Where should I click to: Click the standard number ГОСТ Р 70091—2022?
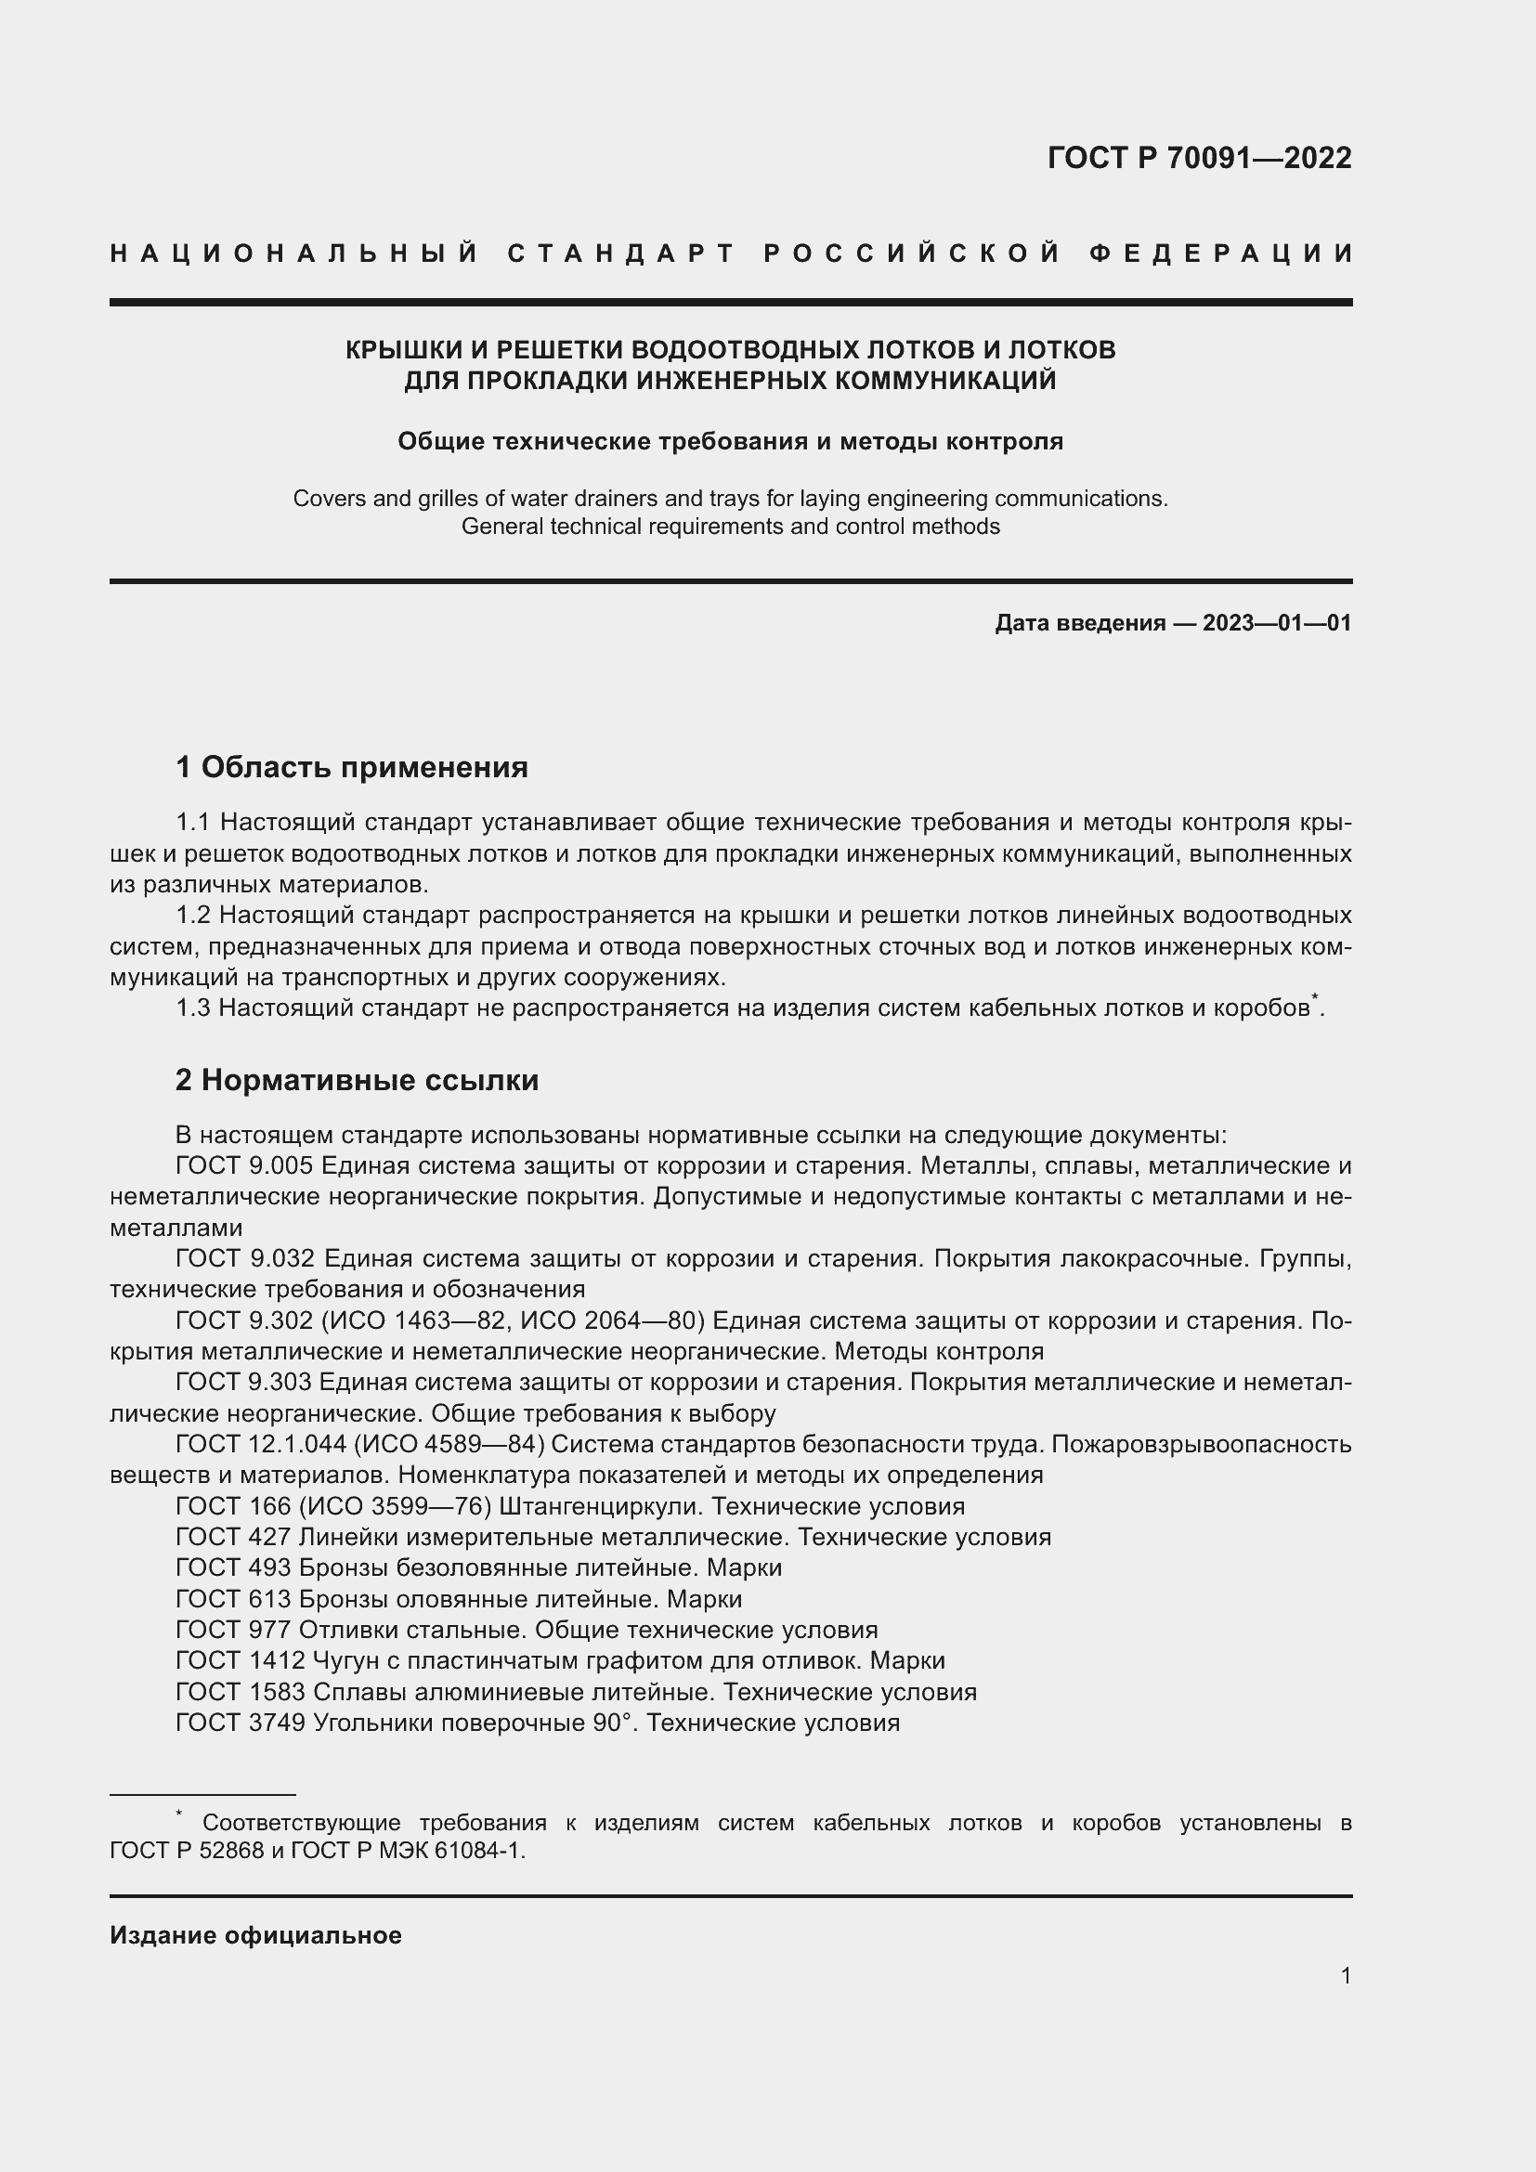pyautogui.click(x=1198, y=158)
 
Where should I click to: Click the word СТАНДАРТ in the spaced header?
pyautogui.click(x=621, y=254)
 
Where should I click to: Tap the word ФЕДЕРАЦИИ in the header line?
pyautogui.click(x=1221, y=254)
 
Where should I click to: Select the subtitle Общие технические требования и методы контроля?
pyautogui.click(x=730, y=442)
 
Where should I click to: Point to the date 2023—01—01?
pyautogui.click(x=1277, y=623)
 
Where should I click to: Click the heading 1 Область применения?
pyautogui.click(x=352, y=767)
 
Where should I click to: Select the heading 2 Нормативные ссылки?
pyautogui.click(x=357, y=1080)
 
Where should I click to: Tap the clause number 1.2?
pyautogui.click(x=194, y=916)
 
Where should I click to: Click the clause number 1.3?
pyautogui.click(x=194, y=1008)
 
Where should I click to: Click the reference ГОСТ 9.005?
pyautogui.click(x=245, y=1166)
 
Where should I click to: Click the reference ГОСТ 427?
pyautogui.click(x=234, y=1537)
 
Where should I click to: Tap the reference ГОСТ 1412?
pyautogui.click(x=241, y=1660)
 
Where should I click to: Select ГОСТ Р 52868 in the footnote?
pyautogui.click(x=188, y=1851)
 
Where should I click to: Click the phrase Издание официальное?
pyautogui.click(x=255, y=1935)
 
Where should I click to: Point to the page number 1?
pyautogui.click(x=1346, y=1975)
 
